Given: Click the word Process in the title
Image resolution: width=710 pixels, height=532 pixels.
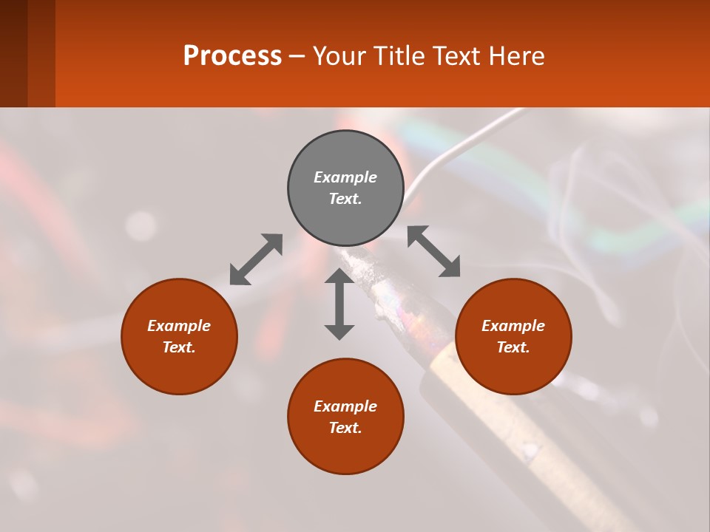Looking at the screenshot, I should pyautogui.click(x=232, y=56).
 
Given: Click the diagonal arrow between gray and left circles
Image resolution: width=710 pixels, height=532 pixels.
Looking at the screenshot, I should pyautogui.click(x=256, y=259).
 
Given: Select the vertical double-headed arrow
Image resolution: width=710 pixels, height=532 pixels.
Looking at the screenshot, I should pyautogui.click(x=339, y=304).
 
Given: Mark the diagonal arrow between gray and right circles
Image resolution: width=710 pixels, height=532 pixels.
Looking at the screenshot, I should pyautogui.click(x=434, y=251).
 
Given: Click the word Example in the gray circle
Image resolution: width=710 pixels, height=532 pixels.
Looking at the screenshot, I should pyautogui.click(x=345, y=177).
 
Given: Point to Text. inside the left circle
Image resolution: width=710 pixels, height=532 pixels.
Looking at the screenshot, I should pyautogui.click(x=179, y=347).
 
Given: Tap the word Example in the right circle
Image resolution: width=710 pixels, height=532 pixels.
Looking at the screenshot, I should pyautogui.click(x=513, y=326).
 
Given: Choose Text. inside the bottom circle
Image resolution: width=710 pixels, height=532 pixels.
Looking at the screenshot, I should pyautogui.click(x=345, y=428).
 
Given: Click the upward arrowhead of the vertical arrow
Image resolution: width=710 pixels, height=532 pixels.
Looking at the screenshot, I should pyautogui.click(x=339, y=276).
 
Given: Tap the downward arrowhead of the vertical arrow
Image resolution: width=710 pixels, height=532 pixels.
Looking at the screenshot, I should pyautogui.click(x=339, y=332).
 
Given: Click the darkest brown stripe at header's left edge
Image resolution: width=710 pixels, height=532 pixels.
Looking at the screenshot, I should pyautogui.click(x=13, y=53).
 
